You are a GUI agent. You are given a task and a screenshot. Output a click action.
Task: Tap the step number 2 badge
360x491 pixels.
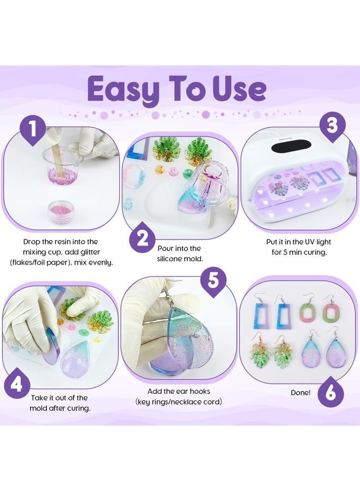143,238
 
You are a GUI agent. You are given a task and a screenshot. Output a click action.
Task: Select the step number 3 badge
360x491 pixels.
332,125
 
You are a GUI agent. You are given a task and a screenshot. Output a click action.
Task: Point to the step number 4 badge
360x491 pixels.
17,384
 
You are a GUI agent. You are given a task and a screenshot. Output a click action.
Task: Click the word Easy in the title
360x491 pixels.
124,89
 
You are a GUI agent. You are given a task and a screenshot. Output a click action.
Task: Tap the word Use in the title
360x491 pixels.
239,89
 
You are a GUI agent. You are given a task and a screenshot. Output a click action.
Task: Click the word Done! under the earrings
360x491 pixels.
301,392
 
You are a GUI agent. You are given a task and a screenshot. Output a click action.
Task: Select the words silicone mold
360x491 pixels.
179,259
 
